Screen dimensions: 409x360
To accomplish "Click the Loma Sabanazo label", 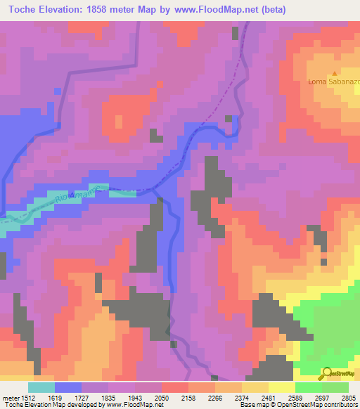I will (x=334, y=82).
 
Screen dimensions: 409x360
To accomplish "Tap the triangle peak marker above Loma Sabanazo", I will (x=335, y=72).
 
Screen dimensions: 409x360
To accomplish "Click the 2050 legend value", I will (x=161, y=397).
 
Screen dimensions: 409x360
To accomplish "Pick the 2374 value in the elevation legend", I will (x=241, y=397).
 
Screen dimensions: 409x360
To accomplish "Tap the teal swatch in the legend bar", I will (x=41, y=387).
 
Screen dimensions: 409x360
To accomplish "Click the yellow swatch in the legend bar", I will (x=281, y=387).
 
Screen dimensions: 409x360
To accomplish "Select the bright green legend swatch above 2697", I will (x=308, y=387).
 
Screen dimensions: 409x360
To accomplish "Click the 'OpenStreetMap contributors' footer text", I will (x=316, y=405).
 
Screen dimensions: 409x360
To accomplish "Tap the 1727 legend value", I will (x=82, y=397).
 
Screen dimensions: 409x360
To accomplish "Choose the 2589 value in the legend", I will (x=295, y=397).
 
